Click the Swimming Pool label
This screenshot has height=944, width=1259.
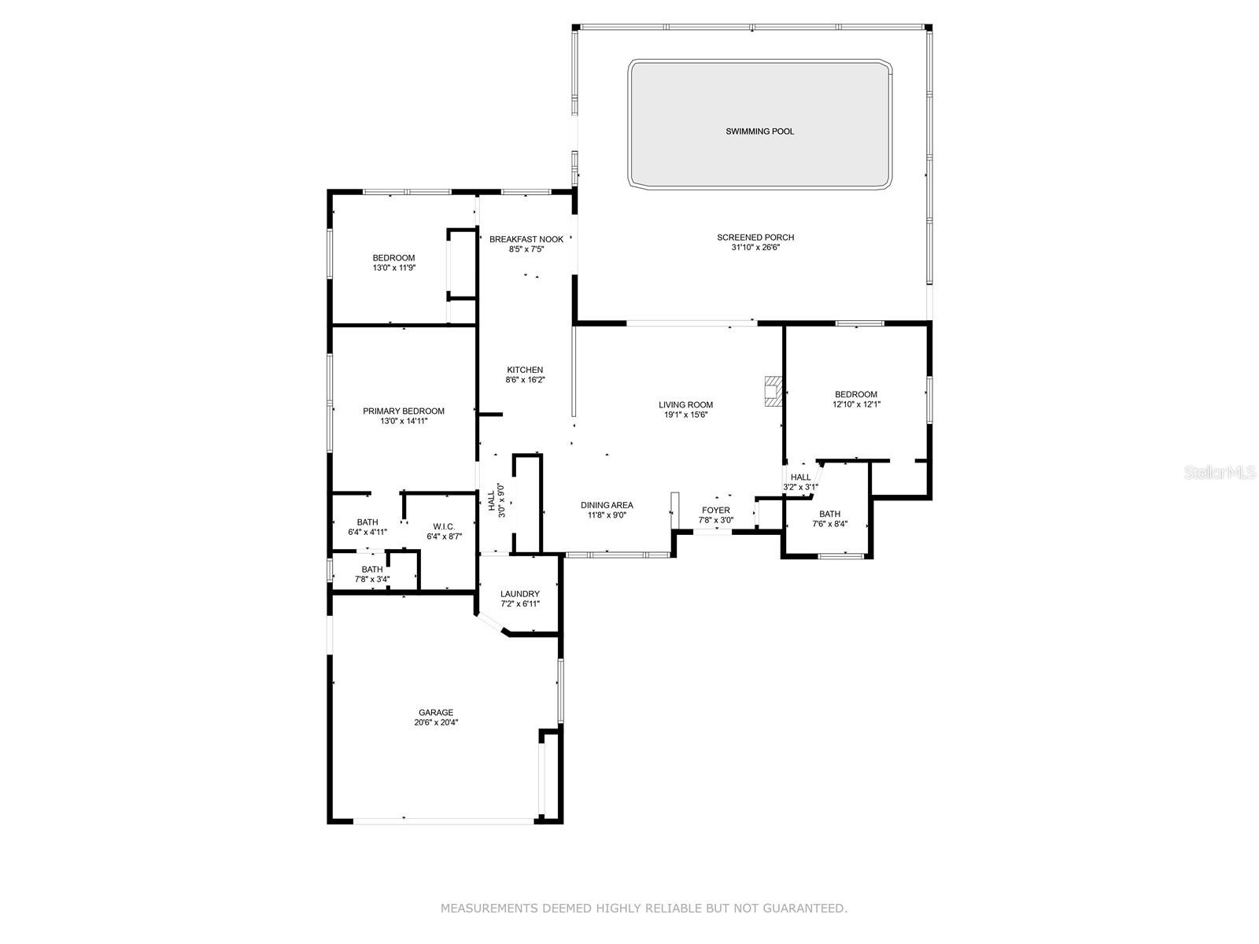tap(759, 131)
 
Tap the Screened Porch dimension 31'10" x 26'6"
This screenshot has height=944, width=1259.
tap(755, 248)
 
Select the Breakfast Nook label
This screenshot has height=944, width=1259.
tap(526, 239)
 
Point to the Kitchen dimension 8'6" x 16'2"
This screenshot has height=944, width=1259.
tap(525, 379)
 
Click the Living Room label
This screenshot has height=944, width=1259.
tap(685, 404)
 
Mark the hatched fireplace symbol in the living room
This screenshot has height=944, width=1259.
tap(773, 392)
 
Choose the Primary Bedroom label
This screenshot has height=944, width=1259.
tap(403, 411)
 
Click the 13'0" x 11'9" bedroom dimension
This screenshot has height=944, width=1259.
tap(393, 267)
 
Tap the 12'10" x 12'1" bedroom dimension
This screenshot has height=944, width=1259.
tap(856, 404)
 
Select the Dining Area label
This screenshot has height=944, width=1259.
tap(607, 505)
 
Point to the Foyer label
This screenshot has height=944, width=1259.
tap(716, 510)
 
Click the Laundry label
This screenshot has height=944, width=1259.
tap(519, 594)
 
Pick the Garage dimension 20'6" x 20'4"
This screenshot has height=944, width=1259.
tap(436, 722)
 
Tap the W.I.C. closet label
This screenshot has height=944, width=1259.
tap(444, 526)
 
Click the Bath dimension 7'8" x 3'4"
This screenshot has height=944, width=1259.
tap(372, 579)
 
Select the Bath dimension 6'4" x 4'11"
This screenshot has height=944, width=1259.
tap(367, 532)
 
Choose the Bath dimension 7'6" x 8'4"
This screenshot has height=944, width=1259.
tap(830, 524)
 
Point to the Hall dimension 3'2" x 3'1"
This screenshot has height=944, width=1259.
tap(801, 487)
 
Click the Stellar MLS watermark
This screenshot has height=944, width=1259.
tap(1220, 472)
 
